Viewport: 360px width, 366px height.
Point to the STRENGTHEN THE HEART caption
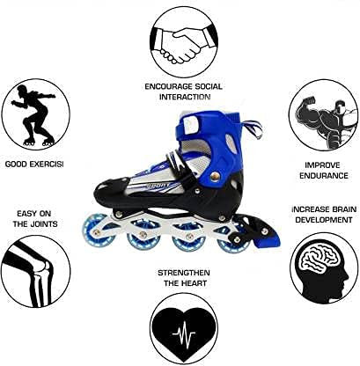183,280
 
